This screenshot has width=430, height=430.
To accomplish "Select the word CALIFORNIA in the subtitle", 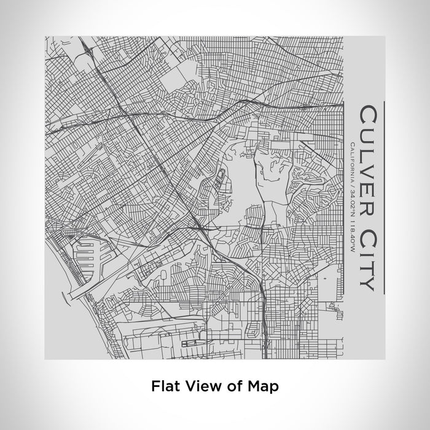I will tap(350, 161).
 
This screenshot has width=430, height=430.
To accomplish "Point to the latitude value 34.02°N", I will tap(350, 200).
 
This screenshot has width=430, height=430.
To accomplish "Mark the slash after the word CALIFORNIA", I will tap(350, 183).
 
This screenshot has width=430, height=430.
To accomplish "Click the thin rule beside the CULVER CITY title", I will tap(383, 197).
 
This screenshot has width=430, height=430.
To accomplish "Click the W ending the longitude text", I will tap(350, 251).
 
